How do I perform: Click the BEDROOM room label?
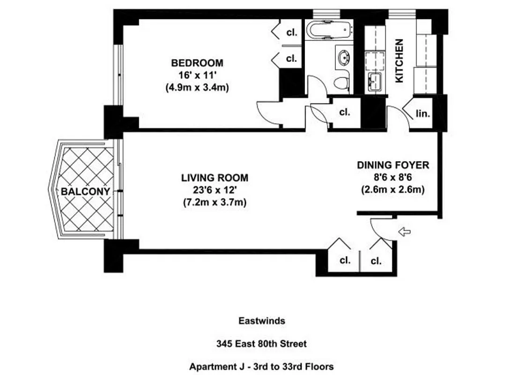click(197, 63)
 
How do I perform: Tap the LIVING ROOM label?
click(215, 178)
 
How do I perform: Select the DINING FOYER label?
click(393, 165)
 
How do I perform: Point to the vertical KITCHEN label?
click(400, 61)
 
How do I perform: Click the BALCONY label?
click(85, 192)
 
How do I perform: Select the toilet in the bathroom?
click(342, 83)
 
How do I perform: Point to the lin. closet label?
click(423, 113)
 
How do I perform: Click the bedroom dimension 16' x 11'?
click(197, 75)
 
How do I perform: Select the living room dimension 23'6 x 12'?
click(215, 190)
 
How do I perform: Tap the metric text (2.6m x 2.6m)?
click(393, 190)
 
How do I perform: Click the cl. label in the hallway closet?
click(345, 112)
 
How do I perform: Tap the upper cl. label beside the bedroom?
click(291, 33)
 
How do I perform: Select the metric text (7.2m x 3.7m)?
click(215, 202)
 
